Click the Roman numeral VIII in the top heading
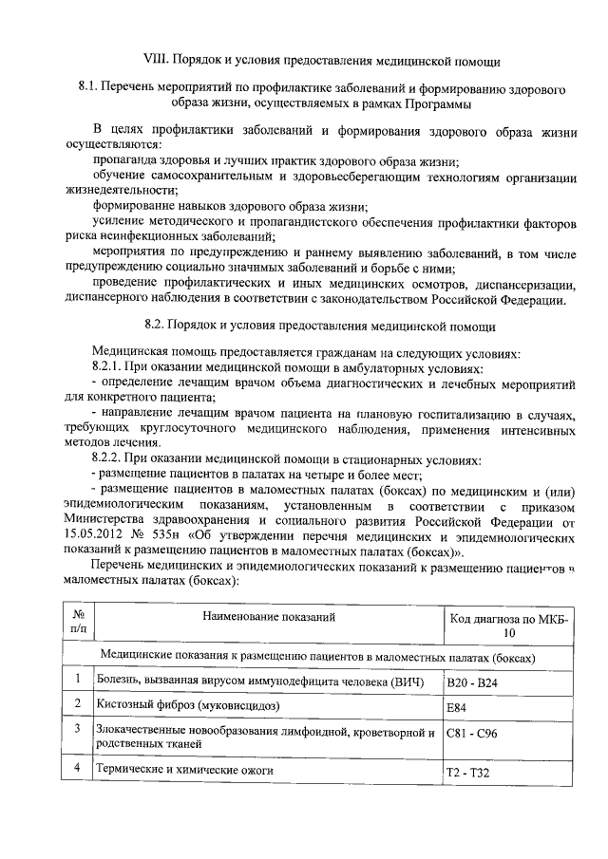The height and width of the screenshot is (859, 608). [x=154, y=61]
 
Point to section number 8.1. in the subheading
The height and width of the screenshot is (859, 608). [x=92, y=87]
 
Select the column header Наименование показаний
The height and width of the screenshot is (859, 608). [x=270, y=618]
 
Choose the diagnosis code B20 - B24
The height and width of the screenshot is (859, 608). [x=471, y=682]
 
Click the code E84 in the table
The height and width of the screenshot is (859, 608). [x=457, y=707]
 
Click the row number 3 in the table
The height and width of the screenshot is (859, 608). [x=77, y=729]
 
